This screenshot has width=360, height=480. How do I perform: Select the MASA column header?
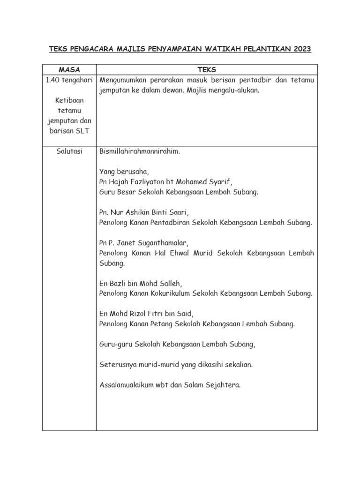[69, 70]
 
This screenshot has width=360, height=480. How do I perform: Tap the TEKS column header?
[207, 70]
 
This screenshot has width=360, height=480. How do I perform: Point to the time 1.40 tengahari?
[69, 80]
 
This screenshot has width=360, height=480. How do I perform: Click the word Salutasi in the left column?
[69, 152]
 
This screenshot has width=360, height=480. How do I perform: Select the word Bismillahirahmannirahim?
[140, 152]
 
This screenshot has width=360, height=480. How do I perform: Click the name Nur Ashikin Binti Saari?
[150, 212]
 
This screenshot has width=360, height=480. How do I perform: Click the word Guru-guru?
[116, 344]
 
